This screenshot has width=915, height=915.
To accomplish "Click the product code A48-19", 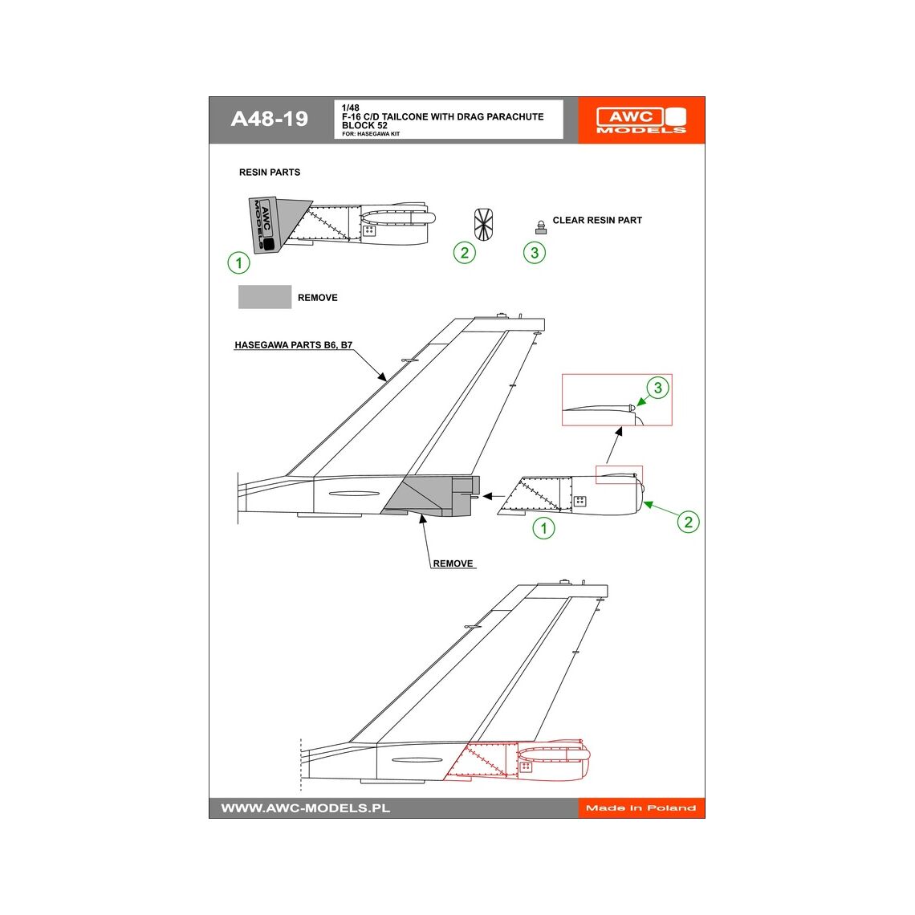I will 269,119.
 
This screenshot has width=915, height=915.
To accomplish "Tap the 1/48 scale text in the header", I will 351,108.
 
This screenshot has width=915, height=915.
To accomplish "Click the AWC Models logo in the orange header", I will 640,120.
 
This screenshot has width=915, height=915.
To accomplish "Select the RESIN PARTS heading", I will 270,173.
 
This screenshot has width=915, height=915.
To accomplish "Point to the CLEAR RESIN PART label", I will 597,220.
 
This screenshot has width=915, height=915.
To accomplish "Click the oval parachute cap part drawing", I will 483,223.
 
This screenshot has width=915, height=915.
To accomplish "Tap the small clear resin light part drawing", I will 540,226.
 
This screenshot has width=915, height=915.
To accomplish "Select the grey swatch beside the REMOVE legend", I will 265,297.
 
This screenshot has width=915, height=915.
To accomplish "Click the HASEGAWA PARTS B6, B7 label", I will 293,345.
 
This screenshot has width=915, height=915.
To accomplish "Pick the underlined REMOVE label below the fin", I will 453,563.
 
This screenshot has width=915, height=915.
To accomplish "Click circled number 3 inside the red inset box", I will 657,388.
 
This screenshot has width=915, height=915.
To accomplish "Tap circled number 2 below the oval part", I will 465,253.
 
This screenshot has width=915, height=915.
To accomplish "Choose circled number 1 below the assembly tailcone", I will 543,528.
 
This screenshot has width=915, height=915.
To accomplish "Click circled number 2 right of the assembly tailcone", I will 688,522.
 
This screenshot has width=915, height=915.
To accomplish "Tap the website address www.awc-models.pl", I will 306,807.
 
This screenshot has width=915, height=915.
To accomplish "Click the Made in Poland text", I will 640,807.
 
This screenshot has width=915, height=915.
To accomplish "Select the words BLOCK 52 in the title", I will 364,126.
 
